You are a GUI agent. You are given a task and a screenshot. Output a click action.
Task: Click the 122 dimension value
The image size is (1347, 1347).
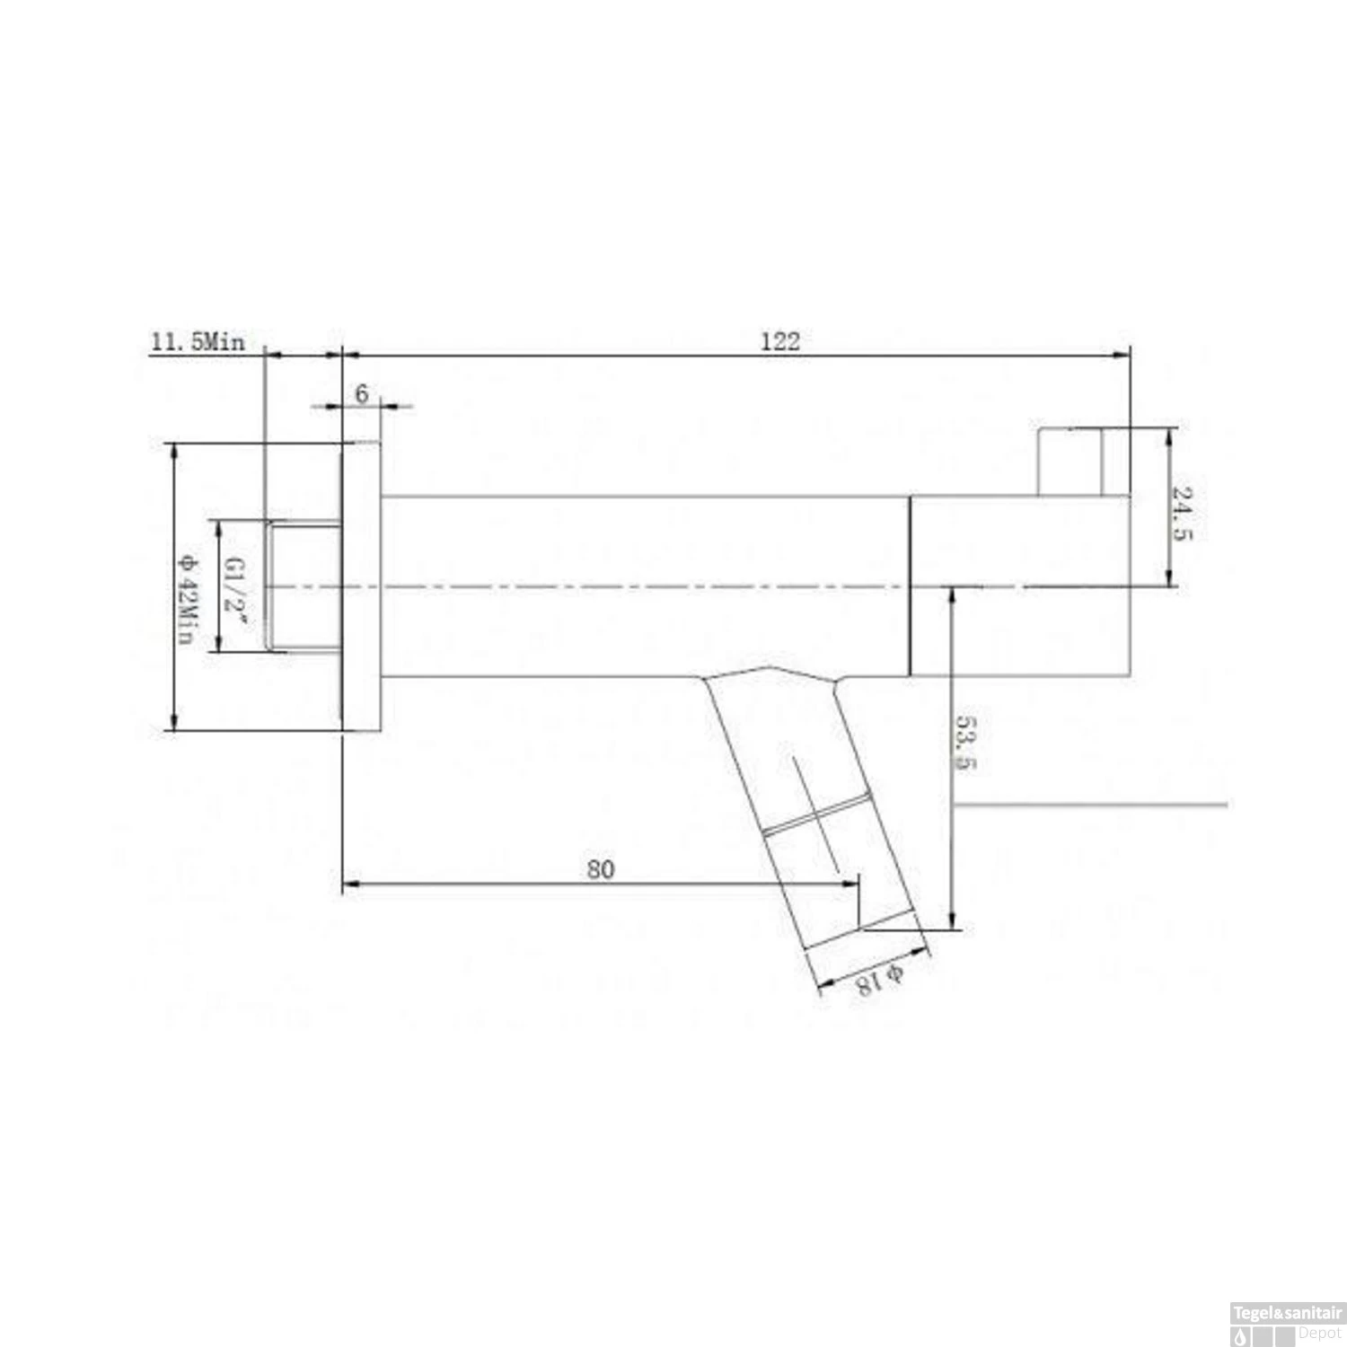coord(779,341)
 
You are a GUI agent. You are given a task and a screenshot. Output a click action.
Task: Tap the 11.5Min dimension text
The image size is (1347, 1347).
coord(198,342)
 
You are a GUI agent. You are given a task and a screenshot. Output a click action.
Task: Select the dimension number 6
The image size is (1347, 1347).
coord(362,393)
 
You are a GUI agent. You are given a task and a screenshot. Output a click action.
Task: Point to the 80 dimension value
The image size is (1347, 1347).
coord(601,868)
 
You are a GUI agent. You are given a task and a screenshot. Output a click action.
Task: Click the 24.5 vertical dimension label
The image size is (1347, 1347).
coord(1183,513)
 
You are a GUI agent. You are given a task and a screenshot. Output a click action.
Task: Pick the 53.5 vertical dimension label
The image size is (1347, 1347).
coord(965,743)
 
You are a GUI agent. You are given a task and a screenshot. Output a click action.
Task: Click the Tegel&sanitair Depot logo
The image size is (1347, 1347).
coord(1287,1324)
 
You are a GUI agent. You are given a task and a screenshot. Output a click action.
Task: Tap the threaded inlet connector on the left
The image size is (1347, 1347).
coord(304,586)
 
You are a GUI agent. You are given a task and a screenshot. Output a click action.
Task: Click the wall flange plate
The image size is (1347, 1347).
coord(361,586)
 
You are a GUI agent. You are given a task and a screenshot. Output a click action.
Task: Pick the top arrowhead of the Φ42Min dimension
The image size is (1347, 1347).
coord(174,449)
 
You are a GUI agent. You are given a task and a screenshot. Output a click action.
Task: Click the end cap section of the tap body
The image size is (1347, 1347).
coord(1019,585)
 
